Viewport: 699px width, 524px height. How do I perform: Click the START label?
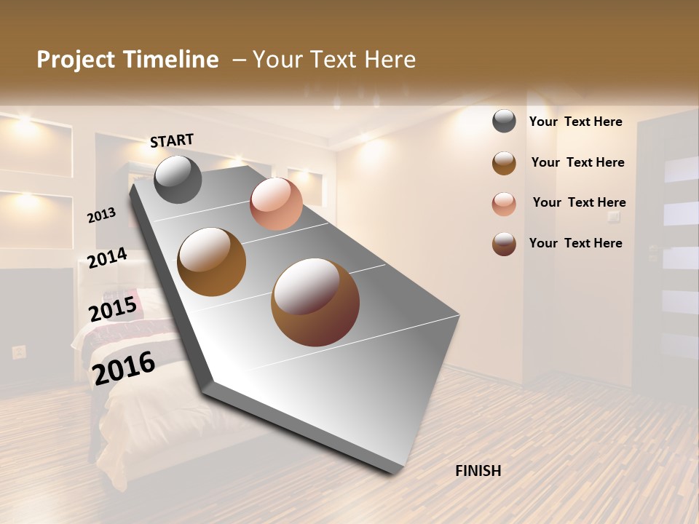172,140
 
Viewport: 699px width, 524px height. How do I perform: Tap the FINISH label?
478,471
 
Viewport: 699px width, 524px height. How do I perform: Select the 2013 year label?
102,215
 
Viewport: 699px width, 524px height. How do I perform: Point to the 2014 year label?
107,258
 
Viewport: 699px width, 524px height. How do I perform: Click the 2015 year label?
113,309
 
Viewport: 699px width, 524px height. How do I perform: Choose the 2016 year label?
124,368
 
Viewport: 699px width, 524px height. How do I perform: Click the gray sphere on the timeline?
178,179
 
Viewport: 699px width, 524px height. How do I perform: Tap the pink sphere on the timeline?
276,204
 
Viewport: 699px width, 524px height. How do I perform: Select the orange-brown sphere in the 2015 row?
212,262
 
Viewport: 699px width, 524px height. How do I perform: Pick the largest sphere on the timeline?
315,302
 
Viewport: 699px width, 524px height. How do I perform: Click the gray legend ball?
504,121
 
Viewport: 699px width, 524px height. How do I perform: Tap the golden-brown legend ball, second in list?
504,163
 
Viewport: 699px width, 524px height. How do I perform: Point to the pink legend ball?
504,204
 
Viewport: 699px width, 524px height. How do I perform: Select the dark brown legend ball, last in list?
504,244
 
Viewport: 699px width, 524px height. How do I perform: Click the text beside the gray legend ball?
575,122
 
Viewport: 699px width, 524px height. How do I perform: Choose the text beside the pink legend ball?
579,202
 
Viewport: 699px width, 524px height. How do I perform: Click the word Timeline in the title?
172,60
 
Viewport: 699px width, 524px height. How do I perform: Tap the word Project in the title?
76,60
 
